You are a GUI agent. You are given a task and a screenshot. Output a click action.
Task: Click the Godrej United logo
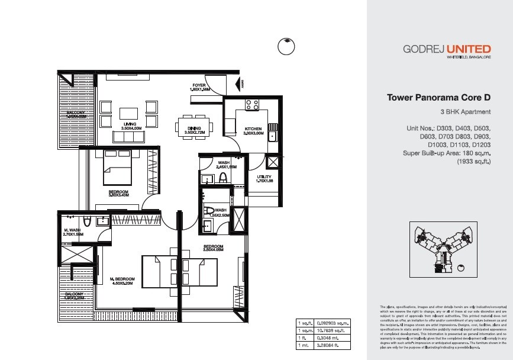[447, 50]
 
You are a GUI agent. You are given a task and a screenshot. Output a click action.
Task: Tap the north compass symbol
[286, 46]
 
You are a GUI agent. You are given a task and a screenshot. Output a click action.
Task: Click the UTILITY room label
[264, 179]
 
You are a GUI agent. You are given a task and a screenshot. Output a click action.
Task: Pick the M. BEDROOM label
[122, 281]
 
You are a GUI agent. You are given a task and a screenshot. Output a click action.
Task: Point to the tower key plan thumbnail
[450, 249]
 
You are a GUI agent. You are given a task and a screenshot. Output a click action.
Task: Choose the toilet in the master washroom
[87, 222]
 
